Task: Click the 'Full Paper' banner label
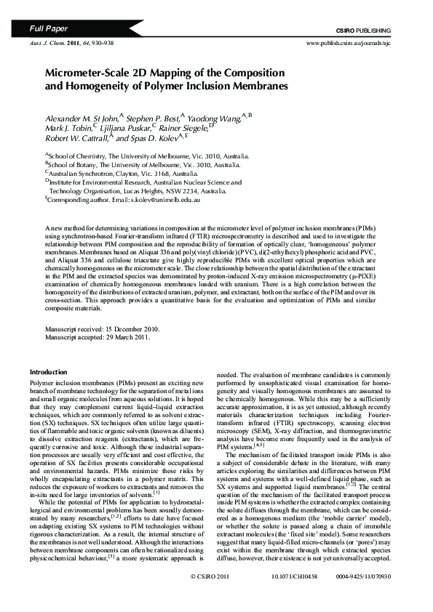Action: click(48, 29)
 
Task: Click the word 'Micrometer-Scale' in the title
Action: click(87, 73)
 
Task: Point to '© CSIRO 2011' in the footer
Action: click(210, 595)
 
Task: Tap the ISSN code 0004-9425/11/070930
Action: click(369, 595)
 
